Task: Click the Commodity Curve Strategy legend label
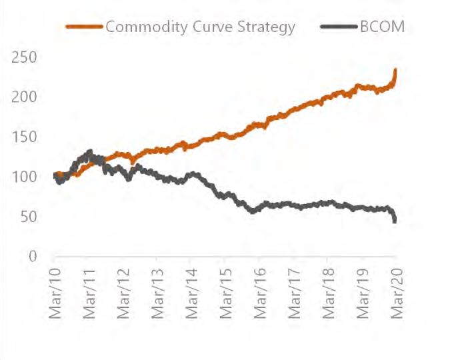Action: (200, 27)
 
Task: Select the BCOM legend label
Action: (382, 27)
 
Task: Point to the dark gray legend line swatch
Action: (338, 27)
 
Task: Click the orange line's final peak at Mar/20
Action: (396, 70)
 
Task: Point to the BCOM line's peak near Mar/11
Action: (89, 152)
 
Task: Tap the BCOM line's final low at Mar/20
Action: (396, 221)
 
